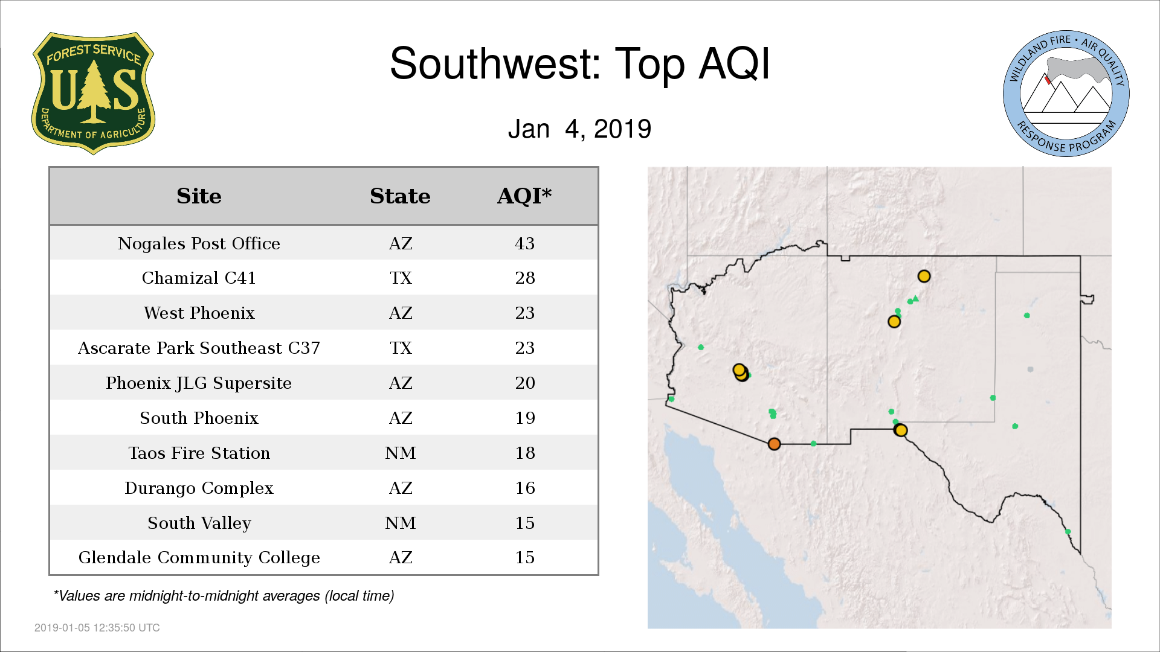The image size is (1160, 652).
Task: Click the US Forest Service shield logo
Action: point(93,93)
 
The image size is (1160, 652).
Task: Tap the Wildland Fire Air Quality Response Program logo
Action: point(1066,94)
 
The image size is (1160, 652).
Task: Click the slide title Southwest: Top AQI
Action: point(580,63)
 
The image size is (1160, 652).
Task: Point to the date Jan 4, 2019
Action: point(579,129)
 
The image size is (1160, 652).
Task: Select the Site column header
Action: point(199,196)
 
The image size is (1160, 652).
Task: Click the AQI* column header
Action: point(524,196)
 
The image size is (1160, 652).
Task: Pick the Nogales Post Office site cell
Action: point(199,243)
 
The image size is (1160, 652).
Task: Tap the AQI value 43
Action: point(524,243)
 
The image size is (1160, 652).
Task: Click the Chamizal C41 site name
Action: point(199,278)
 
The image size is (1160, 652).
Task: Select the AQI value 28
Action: point(524,278)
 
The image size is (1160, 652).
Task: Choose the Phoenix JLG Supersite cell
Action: point(199,383)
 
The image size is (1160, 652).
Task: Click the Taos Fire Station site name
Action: point(199,453)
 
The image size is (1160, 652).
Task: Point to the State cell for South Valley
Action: point(400,523)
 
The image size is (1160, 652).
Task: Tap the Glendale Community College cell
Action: point(199,557)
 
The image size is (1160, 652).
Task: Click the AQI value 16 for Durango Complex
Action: point(524,488)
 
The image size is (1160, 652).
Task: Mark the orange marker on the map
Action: point(774,444)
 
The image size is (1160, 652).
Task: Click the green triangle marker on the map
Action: point(915,298)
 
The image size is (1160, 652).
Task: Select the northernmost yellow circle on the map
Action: point(924,276)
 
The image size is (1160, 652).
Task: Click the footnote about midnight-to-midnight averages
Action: point(224,596)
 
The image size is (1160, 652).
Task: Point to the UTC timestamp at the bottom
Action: point(97,628)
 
